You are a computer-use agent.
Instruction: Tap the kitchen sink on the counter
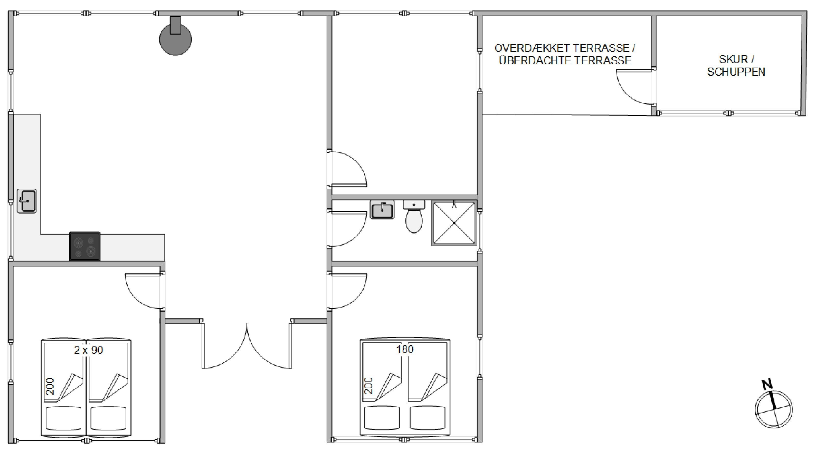point(27,201)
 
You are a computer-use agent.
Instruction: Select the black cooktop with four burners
point(85,246)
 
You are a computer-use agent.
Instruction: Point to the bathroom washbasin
point(382,209)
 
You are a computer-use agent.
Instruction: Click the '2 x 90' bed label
point(88,350)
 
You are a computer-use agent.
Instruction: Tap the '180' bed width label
point(405,349)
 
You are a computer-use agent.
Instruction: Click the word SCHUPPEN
point(736,72)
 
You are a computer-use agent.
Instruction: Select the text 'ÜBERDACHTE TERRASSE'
point(565,60)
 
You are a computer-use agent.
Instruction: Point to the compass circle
point(774,409)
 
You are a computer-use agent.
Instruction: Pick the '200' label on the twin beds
point(50,387)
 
